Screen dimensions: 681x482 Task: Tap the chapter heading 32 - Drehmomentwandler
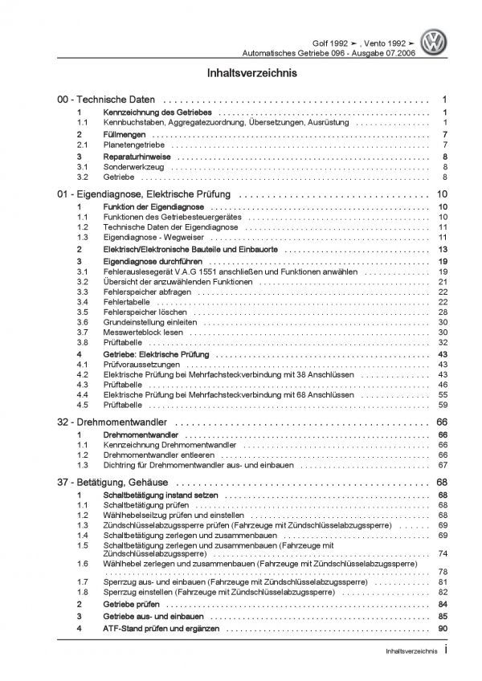pos(112,422)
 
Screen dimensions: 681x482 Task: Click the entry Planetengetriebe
pos(128,145)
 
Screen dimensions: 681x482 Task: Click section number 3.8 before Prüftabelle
pos(83,342)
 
